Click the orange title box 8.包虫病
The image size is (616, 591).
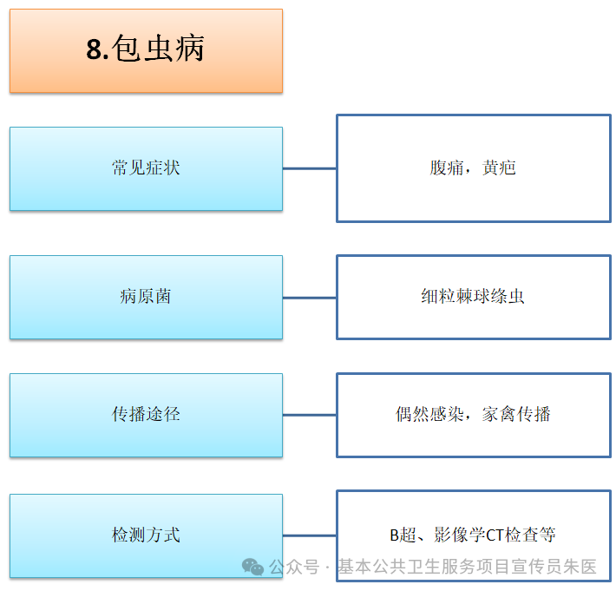click(146, 50)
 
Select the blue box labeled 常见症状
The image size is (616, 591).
click(146, 168)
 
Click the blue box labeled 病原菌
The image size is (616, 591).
click(146, 297)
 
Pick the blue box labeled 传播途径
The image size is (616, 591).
click(146, 415)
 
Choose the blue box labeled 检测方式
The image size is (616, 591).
click(146, 535)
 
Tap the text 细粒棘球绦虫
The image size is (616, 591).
click(473, 297)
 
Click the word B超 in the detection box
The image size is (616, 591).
click(402, 535)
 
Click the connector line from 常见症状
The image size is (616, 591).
click(310, 168)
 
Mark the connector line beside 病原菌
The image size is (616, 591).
click(310, 298)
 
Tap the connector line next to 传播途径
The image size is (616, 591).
click(310, 415)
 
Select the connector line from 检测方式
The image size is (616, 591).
click(310, 535)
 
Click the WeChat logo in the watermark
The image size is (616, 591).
click(253, 568)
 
